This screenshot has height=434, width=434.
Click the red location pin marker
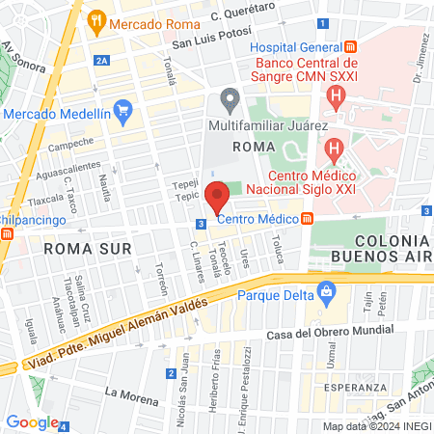point(217,196)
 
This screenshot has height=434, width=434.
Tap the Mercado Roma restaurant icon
point(95,20)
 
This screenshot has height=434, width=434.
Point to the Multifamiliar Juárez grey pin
point(229,99)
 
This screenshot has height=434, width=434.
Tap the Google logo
point(33,421)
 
